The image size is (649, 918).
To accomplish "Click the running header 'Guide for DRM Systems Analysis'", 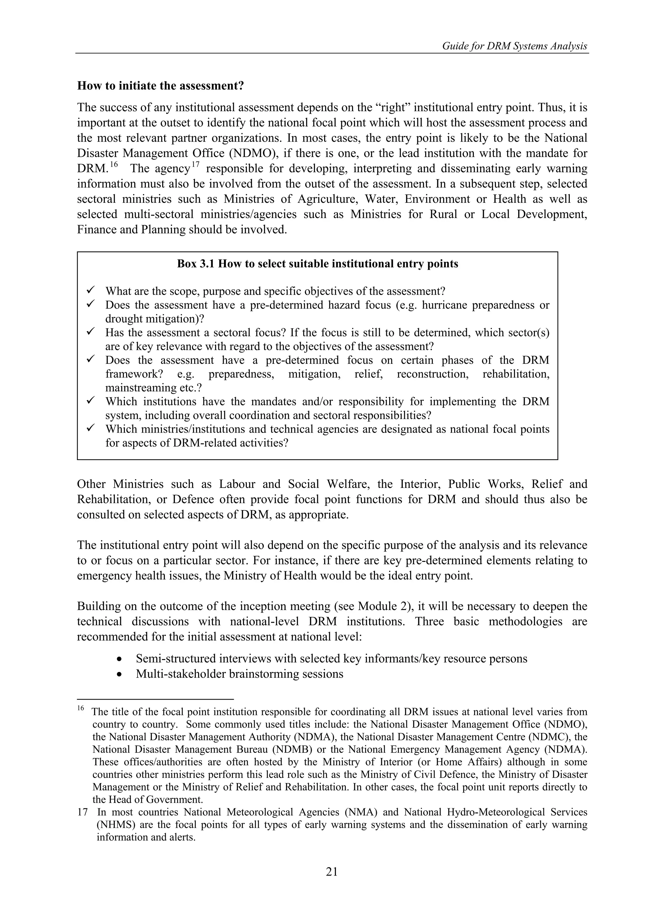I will [x=514, y=46].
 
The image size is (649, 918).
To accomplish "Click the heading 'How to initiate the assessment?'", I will [x=160, y=86].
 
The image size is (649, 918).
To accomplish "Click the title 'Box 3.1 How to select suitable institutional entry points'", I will [x=317, y=264].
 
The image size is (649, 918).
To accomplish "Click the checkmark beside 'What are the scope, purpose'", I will [x=90, y=290].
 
